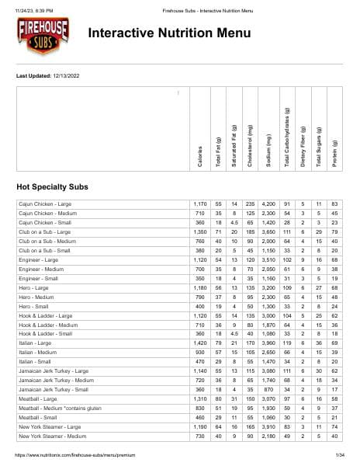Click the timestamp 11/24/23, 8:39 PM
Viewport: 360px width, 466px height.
[x=33, y=7]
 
